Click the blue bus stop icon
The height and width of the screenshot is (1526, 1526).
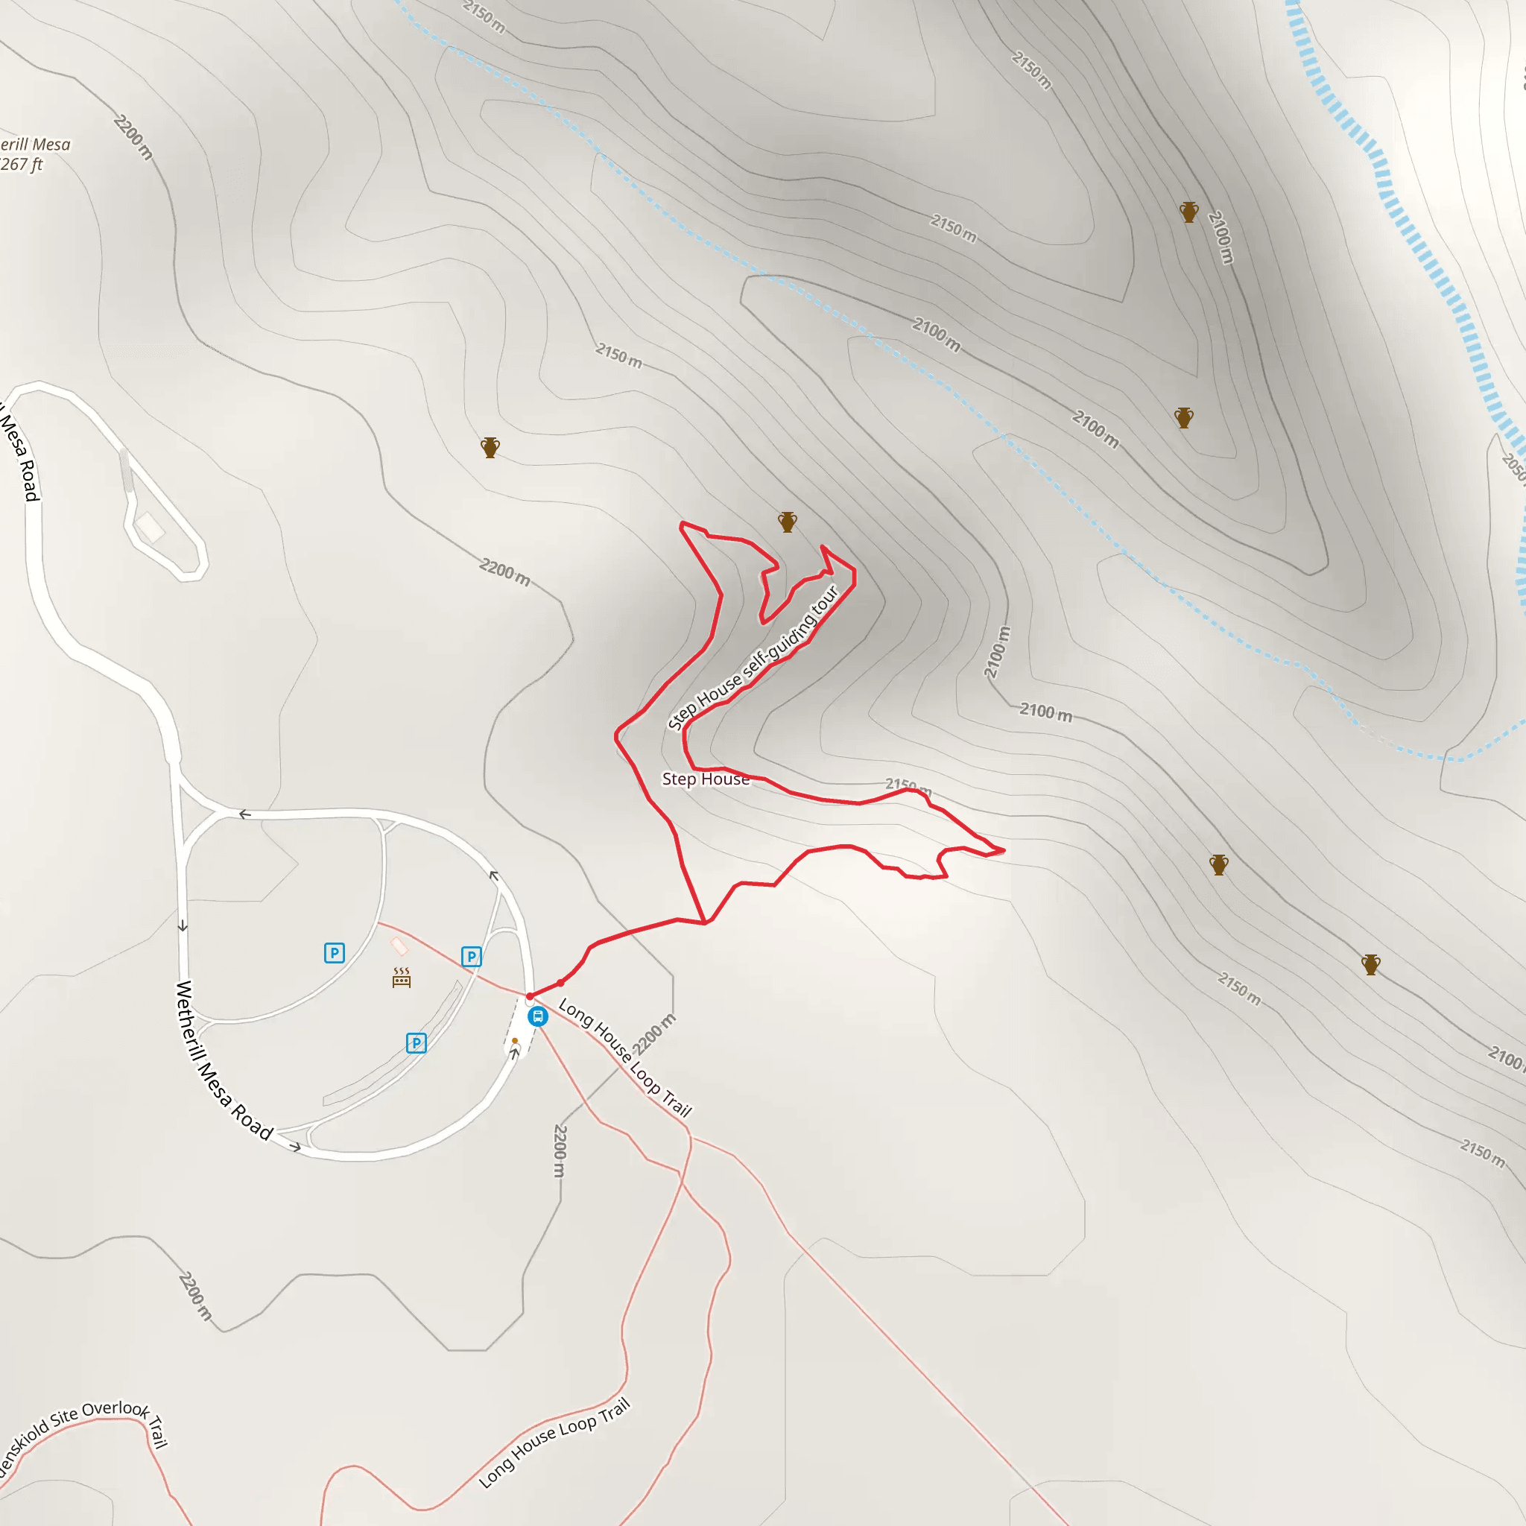[538, 1016]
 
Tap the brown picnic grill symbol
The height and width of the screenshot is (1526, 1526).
[402, 978]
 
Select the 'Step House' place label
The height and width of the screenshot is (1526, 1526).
[706, 779]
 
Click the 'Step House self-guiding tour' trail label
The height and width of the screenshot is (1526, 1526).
[753, 658]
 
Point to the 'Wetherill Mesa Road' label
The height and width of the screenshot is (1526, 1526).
[224, 1061]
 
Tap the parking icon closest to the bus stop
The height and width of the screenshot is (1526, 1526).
[472, 957]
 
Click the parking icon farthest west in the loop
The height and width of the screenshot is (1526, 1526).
[334, 952]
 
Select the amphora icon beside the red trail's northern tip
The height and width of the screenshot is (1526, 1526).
[788, 522]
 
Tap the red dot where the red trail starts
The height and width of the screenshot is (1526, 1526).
[530, 997]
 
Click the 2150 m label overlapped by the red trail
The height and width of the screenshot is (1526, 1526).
[908, 785]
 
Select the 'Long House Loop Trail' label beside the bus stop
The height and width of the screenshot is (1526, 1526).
[624, 1057]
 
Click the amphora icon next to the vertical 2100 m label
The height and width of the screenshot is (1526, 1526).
[1188, 212]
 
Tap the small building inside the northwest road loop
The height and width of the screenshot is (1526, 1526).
[150, 528]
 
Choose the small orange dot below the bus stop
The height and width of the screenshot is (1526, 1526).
[515, 1041]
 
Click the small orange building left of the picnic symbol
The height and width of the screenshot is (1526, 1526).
[399, 946]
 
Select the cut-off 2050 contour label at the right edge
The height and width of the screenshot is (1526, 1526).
[1513, 466]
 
